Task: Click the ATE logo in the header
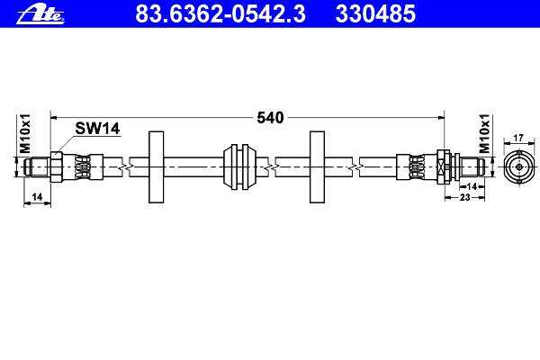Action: click(40, 14)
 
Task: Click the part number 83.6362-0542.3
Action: click(220, 13)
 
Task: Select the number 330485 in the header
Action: click(375, 13)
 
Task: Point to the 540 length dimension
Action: click(270, 118)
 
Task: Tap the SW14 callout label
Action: click(97, 129)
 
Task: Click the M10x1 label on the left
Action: click(25, 134)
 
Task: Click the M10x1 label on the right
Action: click(484, 134)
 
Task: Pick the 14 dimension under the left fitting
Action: click(37, 197)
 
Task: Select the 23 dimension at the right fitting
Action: click(465, 197)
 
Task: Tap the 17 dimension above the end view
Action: click(518, 138)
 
